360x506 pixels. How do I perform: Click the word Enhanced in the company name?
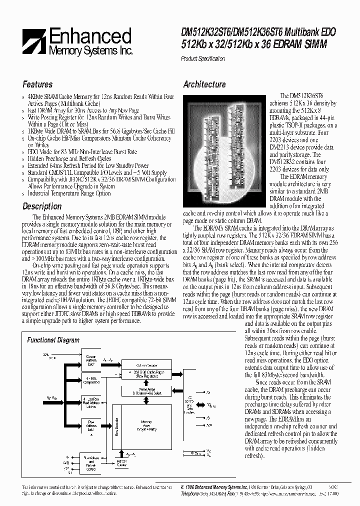90,36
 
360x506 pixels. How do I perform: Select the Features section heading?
37,84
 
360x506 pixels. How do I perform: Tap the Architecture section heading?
204,84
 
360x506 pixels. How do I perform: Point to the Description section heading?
42,206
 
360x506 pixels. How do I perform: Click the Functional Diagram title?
53,340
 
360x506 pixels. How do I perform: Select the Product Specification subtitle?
202,58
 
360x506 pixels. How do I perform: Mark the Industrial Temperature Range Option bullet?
69,193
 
